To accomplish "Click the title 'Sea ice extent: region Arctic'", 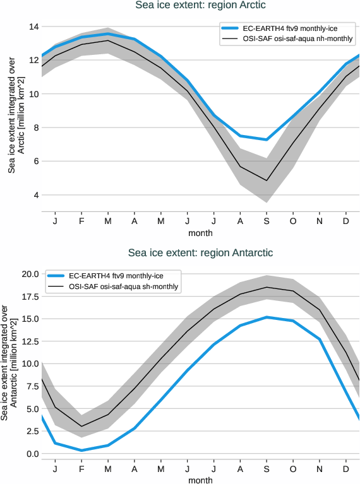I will pos(200,6).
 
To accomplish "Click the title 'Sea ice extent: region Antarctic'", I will pos(200,253).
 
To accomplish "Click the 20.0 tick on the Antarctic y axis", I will pos(29,274).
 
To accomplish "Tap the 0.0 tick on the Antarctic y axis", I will pos(32,454).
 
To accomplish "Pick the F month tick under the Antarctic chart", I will pos(81,469).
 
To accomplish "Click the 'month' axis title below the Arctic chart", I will pos(200,233).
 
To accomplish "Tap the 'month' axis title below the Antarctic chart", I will pos(200,480).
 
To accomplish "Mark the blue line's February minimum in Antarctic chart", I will pos(81,450).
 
